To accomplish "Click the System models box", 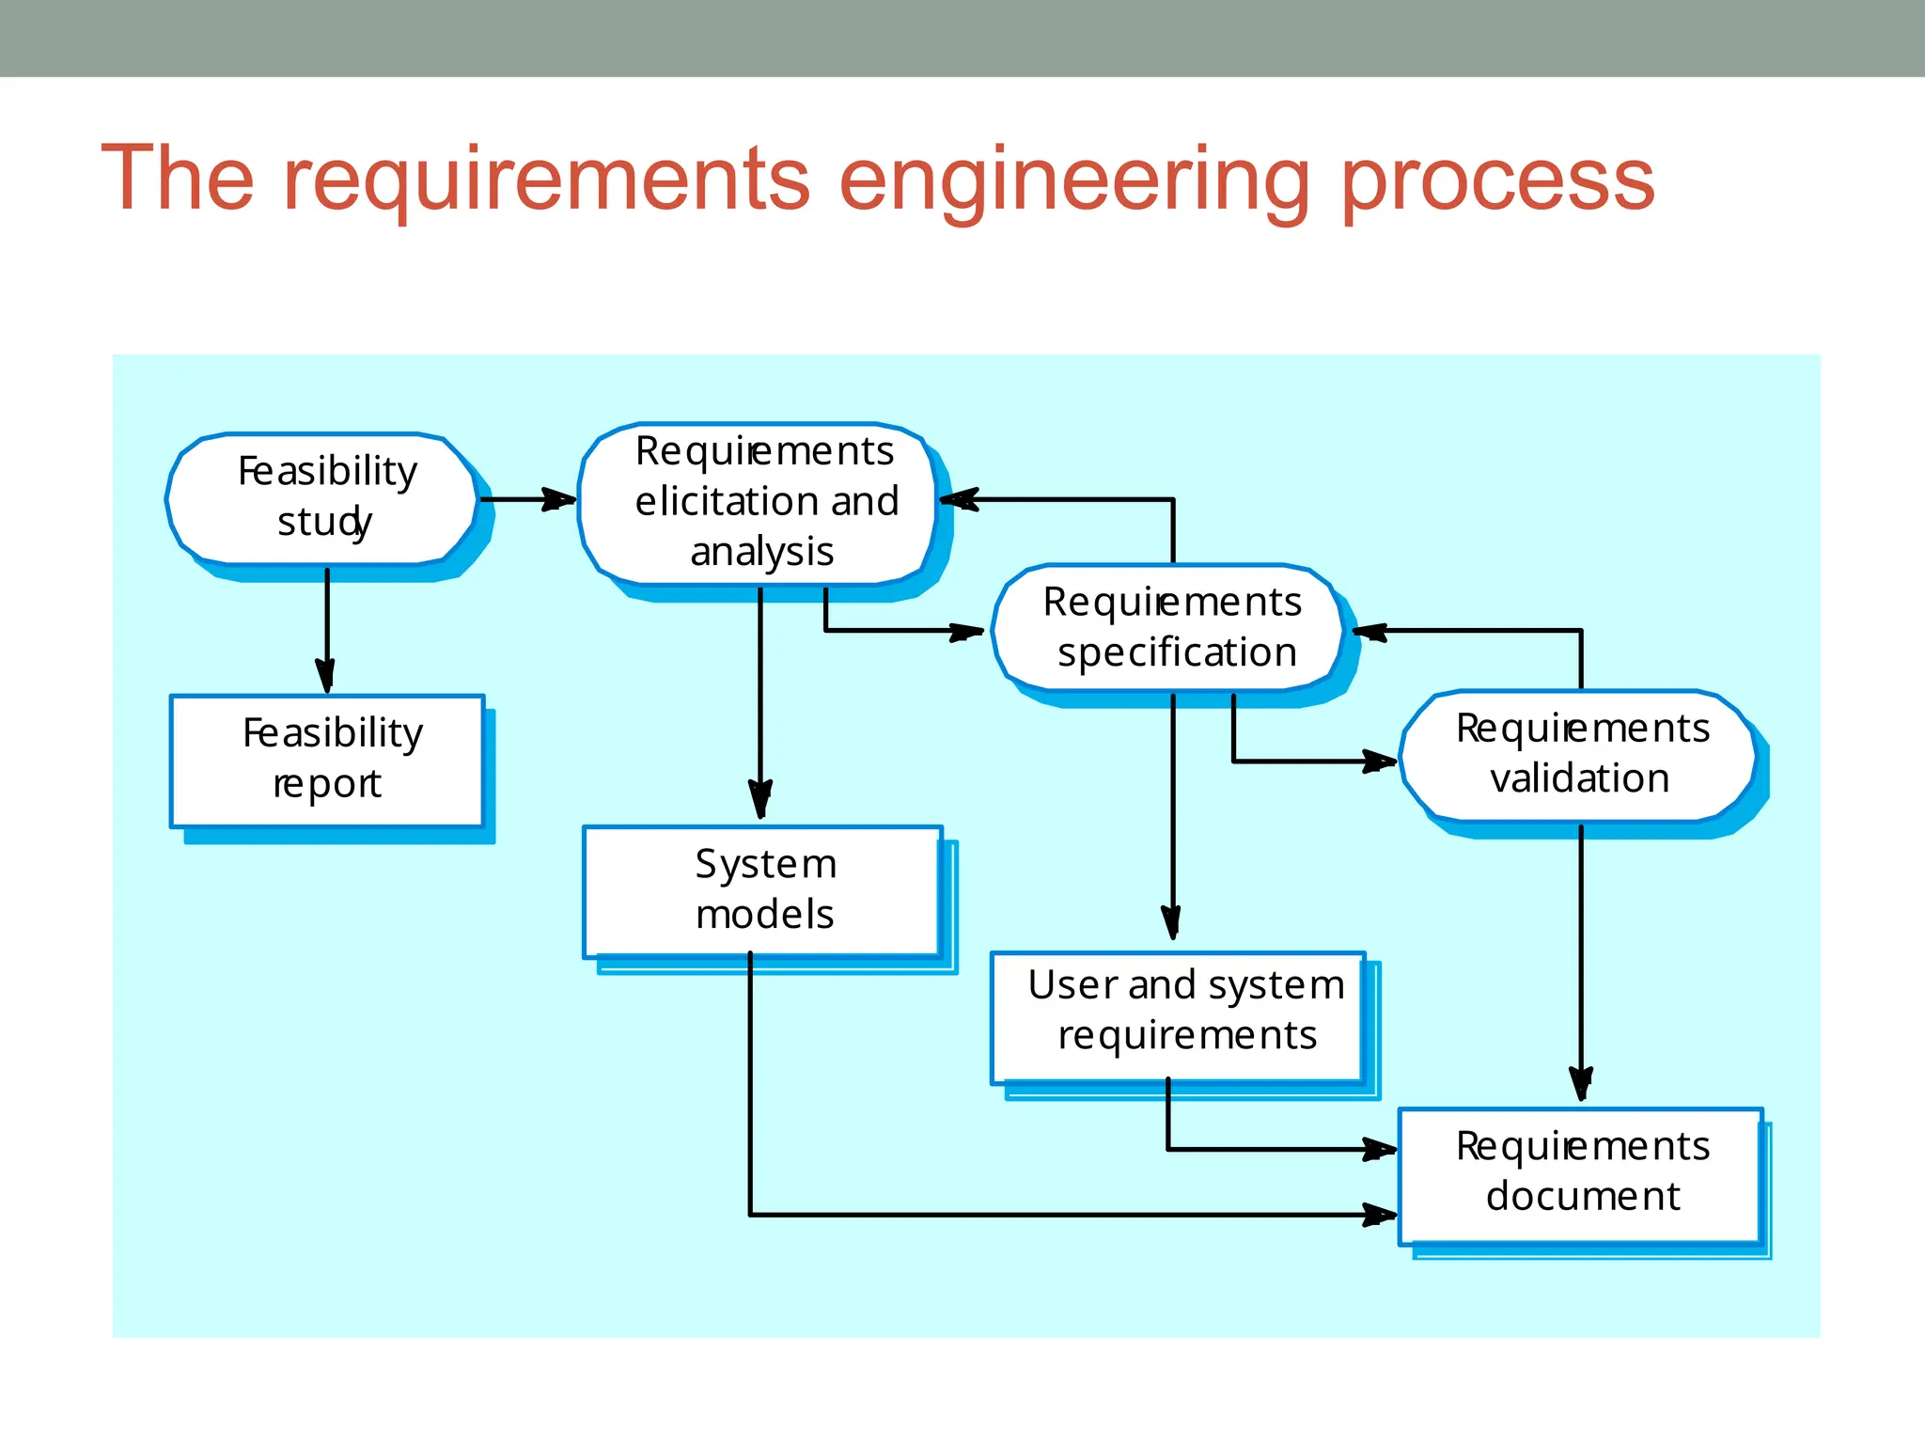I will click(762, 890).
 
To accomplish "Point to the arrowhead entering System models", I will click(760, 799).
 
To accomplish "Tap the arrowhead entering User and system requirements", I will click(1172, 922).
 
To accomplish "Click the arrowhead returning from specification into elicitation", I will click(959, 499).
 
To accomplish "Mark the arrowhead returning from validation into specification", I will click(1371, 631).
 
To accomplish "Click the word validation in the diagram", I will click(1580, 778).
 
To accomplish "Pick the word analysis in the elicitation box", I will click(762, 552).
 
